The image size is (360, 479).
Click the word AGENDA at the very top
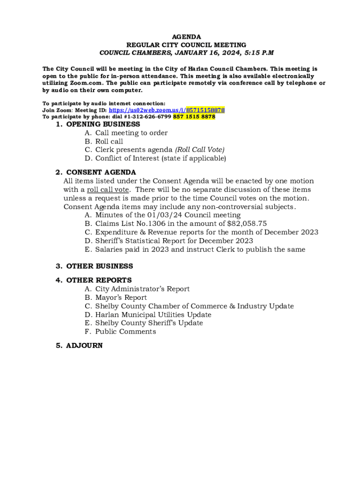point(187,36)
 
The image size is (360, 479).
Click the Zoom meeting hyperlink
point(166,110)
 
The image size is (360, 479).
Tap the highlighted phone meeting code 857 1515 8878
point(194,116)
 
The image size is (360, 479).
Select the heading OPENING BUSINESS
point(103,124)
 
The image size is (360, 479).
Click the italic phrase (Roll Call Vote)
point(200,150)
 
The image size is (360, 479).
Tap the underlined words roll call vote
point(108,190)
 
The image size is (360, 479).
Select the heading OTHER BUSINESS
point(100,266)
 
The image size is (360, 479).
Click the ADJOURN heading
point(84,346)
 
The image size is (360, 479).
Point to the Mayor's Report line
point(121,298)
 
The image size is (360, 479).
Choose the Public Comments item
point(125,332)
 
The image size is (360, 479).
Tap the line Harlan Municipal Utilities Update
point(153,315)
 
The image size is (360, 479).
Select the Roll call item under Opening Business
point(109,141)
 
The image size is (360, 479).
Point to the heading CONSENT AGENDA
point(101,173)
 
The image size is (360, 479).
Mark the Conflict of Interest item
point(160,158)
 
